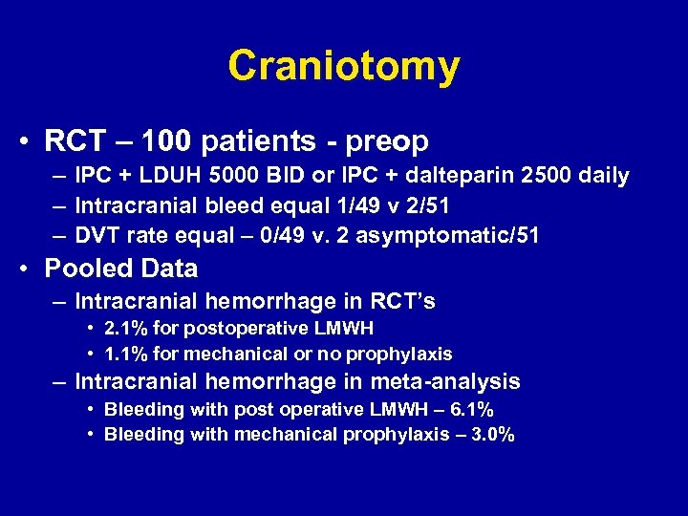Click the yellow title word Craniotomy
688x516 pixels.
[x=344, y=66]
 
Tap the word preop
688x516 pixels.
[x=387, y=141]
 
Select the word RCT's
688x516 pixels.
[x=401, y=302]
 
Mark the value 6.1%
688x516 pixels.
[x=473, y=410]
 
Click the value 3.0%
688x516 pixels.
[x=494, y=434]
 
